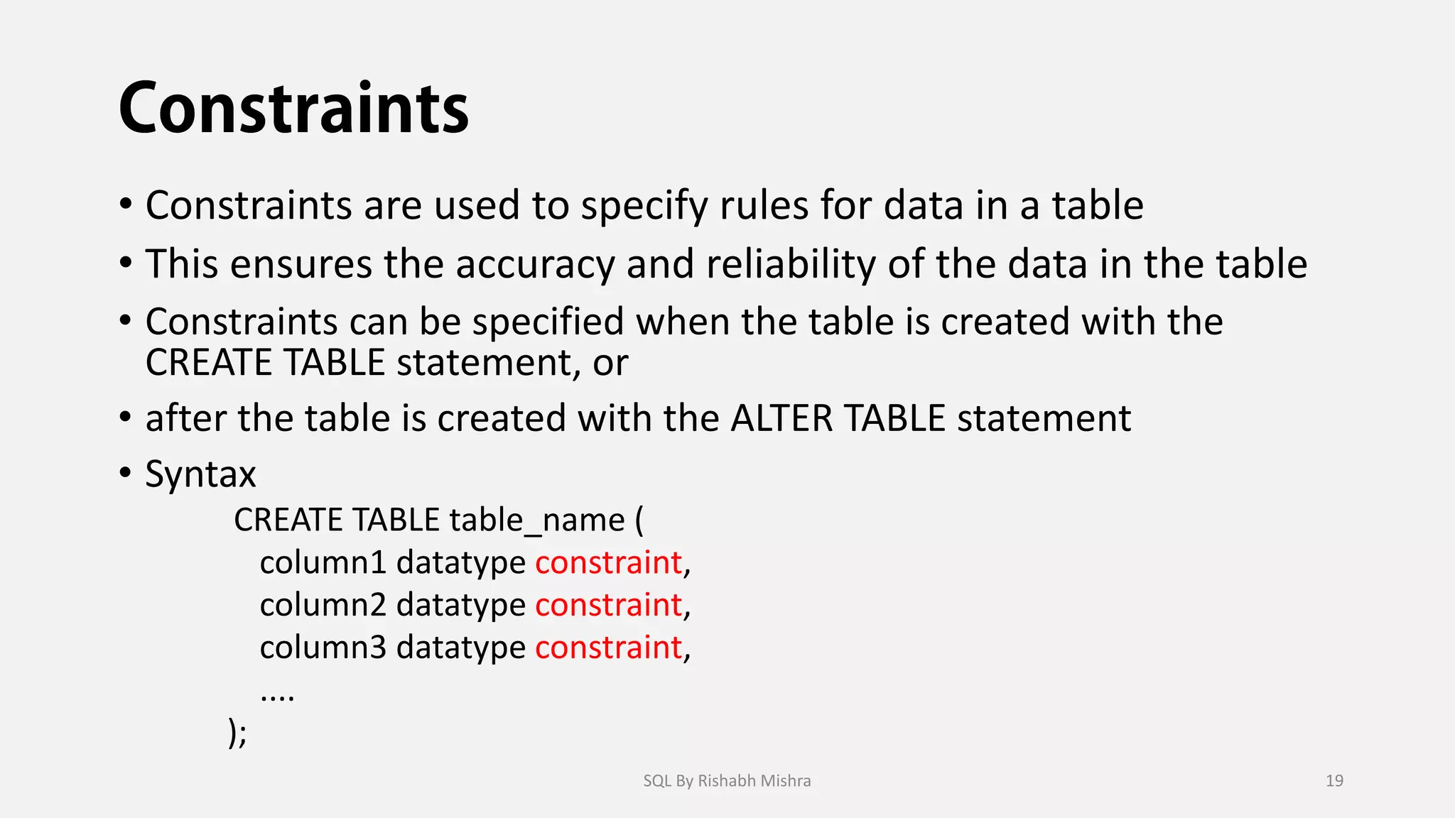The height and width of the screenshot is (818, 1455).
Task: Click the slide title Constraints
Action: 293,109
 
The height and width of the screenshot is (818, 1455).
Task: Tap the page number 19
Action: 1334,781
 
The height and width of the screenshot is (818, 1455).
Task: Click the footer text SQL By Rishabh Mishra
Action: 727,781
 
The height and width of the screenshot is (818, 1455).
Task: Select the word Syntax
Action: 200,474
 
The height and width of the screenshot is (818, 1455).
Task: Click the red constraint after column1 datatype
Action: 608,563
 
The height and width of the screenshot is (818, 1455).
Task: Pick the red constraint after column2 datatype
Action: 608,606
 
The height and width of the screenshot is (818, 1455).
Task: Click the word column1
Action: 323,563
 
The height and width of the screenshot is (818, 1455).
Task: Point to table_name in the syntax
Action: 537,520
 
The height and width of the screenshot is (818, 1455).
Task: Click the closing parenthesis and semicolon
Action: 237,732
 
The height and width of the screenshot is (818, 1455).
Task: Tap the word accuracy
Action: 535,265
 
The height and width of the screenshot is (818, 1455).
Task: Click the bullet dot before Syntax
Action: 126,472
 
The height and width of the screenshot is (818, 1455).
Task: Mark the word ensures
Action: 301,265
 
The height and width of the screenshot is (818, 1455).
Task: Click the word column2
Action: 323,606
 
